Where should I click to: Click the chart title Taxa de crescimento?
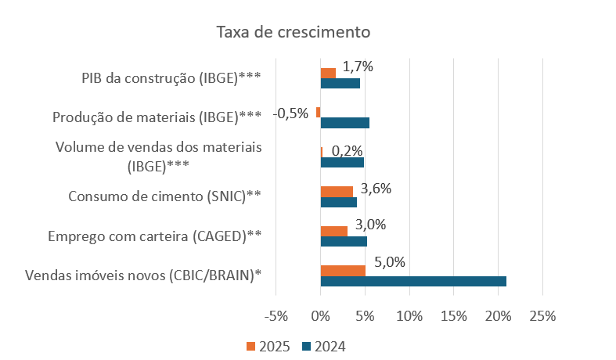coord(293,33)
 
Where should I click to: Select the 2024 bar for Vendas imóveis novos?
coord(413,282)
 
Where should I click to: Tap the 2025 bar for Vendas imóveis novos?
coord(343,271)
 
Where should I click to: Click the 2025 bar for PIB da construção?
coord(328,73)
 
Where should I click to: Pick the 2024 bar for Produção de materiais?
coord(344,123)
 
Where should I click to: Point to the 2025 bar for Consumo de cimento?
coord(337,191)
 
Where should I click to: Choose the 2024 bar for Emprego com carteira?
coord(344,241)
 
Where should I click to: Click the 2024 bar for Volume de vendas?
coord(342,163)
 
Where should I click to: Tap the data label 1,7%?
coord(358,67)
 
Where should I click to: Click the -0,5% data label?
coord(290,113)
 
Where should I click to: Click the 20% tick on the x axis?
coord(498,317)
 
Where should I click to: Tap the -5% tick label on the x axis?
coord(276,317)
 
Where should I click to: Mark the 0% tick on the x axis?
coord(320,317)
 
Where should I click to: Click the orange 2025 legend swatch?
coord(250,346)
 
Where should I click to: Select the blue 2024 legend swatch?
coord(307,346)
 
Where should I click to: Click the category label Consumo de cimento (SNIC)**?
coord(165,196)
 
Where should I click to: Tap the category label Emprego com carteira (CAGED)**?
coord(154,236)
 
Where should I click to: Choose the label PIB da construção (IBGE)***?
coord(171,77)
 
